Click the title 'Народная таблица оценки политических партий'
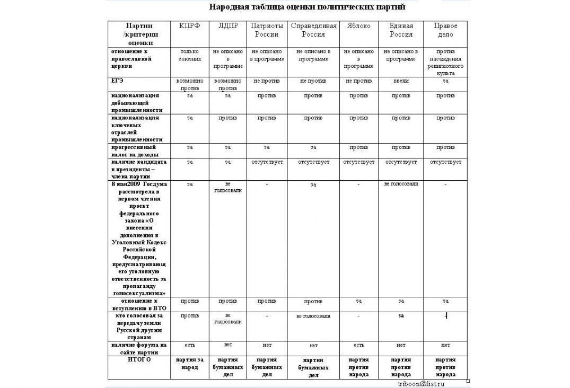point(307,7)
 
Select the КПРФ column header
point(190,26)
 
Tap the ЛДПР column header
point(228,26)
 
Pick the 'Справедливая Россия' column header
point(313,30)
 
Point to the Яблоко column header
point(358,26)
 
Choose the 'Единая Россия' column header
point(401,30)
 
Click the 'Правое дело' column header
point(445,30)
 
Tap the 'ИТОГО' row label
point(139,359)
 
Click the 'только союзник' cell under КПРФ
point(190,55)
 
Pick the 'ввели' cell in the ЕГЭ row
point(401,81)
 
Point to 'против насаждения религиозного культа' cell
point(445,63)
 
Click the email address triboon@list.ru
point(421,383)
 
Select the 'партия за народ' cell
point(190,363)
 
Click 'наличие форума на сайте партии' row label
point(138,348)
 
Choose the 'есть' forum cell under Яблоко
point(358,345)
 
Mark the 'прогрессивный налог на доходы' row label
point(134,151)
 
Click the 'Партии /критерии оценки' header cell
point(139,34)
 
